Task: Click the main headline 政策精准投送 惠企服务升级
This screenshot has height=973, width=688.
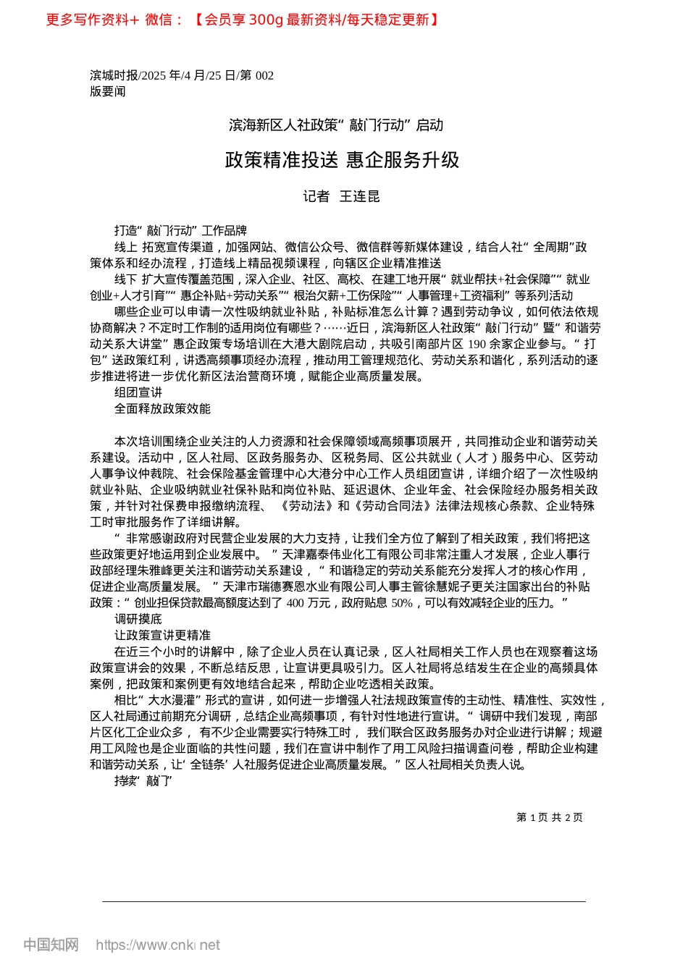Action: click(342, 160)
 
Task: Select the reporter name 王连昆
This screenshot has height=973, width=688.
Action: click(360, 197)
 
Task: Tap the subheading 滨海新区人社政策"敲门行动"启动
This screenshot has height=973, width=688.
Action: click(336, 125)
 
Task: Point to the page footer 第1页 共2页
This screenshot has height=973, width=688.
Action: click(549, 817)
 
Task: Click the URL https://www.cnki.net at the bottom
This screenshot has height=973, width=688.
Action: click(158, 945)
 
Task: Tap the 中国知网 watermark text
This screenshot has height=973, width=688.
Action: click(51, 945)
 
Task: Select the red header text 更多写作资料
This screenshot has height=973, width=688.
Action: click(87, 20)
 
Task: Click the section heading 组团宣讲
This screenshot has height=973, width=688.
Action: click(138, 392)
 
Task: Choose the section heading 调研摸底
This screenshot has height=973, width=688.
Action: click(138, 619)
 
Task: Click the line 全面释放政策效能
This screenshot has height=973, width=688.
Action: click(162, 408)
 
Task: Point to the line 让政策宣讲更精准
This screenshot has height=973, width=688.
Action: click(162, 635)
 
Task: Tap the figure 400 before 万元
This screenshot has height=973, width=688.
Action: click(295, 602)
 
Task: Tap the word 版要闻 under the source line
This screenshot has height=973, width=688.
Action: click(108, 91)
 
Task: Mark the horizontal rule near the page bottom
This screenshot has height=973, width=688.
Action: click(344, 901)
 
